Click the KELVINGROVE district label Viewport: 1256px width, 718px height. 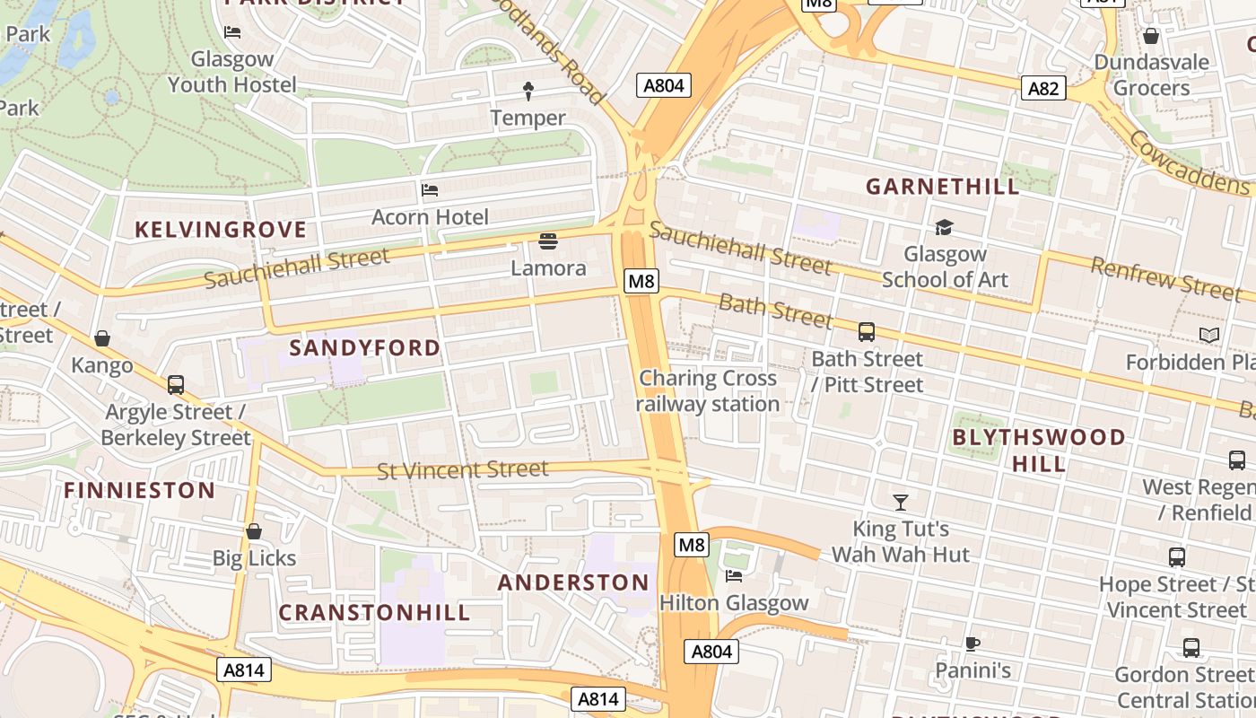pyautogui.click(x=221, y=230)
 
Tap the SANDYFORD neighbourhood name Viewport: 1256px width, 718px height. pyautogui.click(x=365, y=347)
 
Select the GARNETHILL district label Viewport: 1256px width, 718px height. pyautogui.click(x=942, y=187)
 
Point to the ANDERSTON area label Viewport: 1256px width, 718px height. pyautogui.click(x=573, y=582)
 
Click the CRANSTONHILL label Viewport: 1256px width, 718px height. pyautogui.click(x=374, y=613)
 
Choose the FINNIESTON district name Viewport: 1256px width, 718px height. pyautogui.click(x=139, y=490)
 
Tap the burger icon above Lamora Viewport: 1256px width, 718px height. pyautogui.click(x=548, y=241)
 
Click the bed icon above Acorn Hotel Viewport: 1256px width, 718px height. pyautogui.click(x=430, y=190)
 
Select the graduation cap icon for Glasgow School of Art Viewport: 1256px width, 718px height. pyautogui.click(x=944, y=227)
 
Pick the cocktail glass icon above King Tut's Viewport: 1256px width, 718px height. pyautogui.click(x=901, y=502)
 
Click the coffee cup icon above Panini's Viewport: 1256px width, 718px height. pyautogui.click(x=973, y=644)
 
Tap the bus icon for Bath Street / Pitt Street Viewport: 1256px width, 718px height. pyautogui.click(x=866, y=332)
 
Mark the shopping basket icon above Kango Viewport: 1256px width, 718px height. pyautogui.click(x=102, y=338)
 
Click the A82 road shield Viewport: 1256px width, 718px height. pyautogui.click(x=1043, y=88)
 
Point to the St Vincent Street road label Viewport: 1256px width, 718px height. pyautogui.click(x=462, y=469)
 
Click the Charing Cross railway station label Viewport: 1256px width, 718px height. pyautogui.click(x=708, y=391)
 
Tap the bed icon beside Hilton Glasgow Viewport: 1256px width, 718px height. pyautogui.click(x=734, y=576)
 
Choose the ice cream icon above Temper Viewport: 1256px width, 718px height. pyautogui.click(x=528, y=90)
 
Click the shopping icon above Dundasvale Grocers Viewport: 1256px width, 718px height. pyautogui.click(x=1151, y=36)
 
